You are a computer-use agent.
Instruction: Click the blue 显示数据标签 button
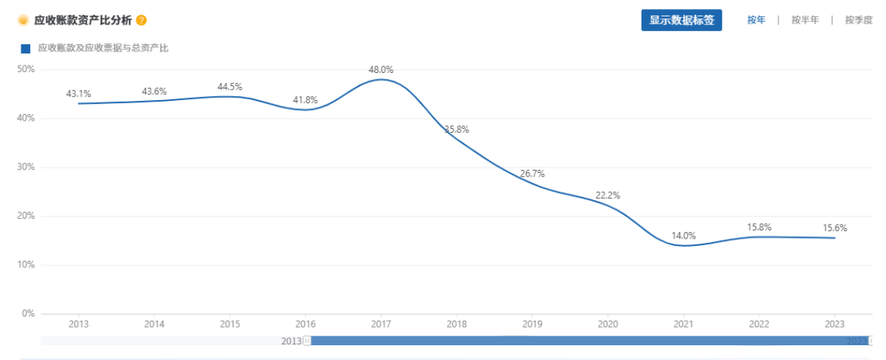pos(681,21)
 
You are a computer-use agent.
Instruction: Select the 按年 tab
pos(756,21)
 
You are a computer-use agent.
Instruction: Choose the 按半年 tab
pos(805,21)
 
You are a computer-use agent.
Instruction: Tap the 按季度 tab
pos(858,21)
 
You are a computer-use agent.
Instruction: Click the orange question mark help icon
pos(141,20)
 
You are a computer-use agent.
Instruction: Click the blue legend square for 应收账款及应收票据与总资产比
pos(25,48)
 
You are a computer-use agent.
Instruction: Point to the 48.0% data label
pos(381,70)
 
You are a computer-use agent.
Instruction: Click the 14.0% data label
pos(683,235)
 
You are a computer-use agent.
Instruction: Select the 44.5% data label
pos(230,87)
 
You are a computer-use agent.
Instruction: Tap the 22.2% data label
pos(608,195)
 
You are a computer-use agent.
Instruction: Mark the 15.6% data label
pos(834,228)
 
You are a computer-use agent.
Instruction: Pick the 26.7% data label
pos(532,174)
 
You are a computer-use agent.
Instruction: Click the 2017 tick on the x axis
pos(381,324)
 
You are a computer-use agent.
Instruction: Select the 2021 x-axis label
pos(683,324)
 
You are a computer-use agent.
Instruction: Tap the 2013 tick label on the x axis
pos(79,324)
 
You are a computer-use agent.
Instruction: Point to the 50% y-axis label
pos(25,69)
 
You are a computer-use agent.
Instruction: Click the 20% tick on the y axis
pos(25,216)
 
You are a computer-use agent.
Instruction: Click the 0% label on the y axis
pos(28,313)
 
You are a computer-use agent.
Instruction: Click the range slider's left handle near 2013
pos(307,340)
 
